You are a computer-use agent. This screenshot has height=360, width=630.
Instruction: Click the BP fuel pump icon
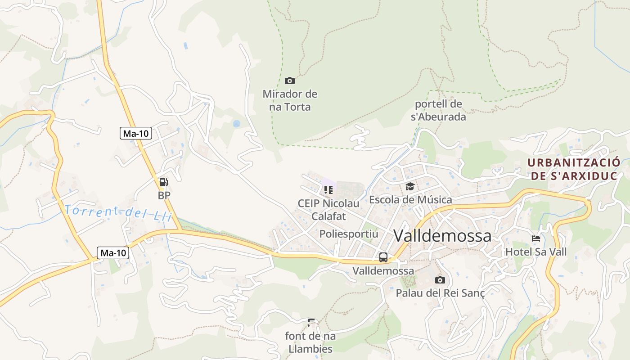[163, 182]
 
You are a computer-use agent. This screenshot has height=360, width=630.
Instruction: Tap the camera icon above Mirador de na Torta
[290, 81]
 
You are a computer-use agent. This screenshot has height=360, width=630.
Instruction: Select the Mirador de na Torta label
[290, 100]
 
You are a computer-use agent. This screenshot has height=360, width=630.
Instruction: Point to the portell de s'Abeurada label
[438, 110]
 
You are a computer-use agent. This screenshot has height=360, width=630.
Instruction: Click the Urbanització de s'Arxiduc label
[574, 169]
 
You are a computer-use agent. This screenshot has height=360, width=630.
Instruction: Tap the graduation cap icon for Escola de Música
[410, 186]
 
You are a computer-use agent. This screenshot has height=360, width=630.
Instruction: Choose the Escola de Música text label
[410, 199]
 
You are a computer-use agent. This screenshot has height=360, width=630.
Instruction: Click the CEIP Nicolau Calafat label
[328, 210]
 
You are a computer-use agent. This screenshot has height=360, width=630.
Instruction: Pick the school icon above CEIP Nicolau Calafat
[328, 189]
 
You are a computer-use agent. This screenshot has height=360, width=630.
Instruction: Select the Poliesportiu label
[349, 234]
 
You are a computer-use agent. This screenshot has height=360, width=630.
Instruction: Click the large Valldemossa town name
[442, 235]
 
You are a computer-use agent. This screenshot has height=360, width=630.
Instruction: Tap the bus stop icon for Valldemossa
[383, 257]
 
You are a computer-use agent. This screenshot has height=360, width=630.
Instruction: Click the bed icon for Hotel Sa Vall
[535, 238]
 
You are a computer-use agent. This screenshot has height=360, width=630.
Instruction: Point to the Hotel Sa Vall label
[536, 252]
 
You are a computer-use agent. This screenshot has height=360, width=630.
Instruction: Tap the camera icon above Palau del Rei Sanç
[440, 280]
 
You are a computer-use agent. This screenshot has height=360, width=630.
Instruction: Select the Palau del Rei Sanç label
[440, 293]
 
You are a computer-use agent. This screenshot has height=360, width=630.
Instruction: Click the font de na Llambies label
[310, 342]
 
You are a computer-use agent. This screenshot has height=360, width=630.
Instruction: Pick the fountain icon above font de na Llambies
[310, 323]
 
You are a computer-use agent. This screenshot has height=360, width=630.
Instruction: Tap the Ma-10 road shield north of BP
[136, 133]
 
